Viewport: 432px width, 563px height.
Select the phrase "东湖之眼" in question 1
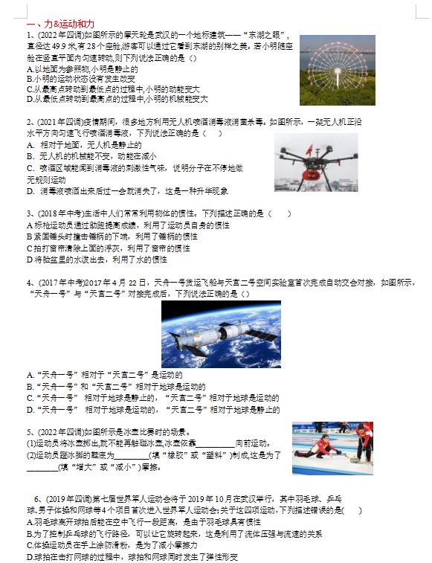tap(266, 36)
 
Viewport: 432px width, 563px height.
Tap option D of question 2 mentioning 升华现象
tap(119, 191)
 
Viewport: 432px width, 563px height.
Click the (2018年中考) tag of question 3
tap(57, 213)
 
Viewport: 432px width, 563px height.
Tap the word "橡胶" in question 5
tap(175, 454)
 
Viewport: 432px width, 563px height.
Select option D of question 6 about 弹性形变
tap(130, 556)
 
